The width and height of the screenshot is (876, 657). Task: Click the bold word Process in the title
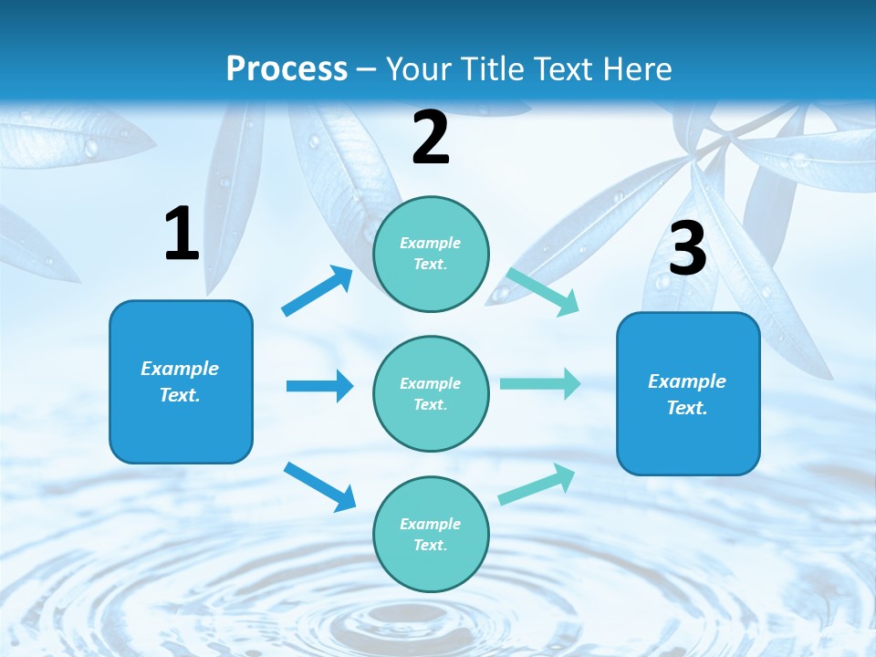(x=287, y=68)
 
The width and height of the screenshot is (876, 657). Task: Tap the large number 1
(x=182, y=235)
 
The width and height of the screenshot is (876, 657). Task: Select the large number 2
(x=431, y=138)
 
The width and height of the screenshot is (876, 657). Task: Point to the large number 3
(x=688, y=248)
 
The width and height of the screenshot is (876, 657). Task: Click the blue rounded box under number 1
(x=181, y=381)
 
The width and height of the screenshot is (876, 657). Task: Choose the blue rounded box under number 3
(x=688, y=393)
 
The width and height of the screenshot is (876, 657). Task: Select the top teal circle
(x=431, y=254)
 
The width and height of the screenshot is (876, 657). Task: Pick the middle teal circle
(x=431, y=393)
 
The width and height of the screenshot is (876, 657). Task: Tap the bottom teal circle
(x=431, y=534)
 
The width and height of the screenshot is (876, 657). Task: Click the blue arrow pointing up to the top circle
(x=317, y=291)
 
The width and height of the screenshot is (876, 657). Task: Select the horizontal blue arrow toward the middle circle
(x=319, y=386)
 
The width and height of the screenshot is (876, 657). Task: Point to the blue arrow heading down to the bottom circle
(x=319, y=485)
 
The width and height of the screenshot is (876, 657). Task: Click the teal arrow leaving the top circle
(x=543, y=291)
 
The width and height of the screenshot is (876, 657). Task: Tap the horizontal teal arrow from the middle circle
(x=540, y=383)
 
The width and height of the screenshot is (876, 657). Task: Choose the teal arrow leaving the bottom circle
(x=537, y=484)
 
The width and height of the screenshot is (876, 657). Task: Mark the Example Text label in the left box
(x=180, y=381)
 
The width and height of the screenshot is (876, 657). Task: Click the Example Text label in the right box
(x=687, y=394)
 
